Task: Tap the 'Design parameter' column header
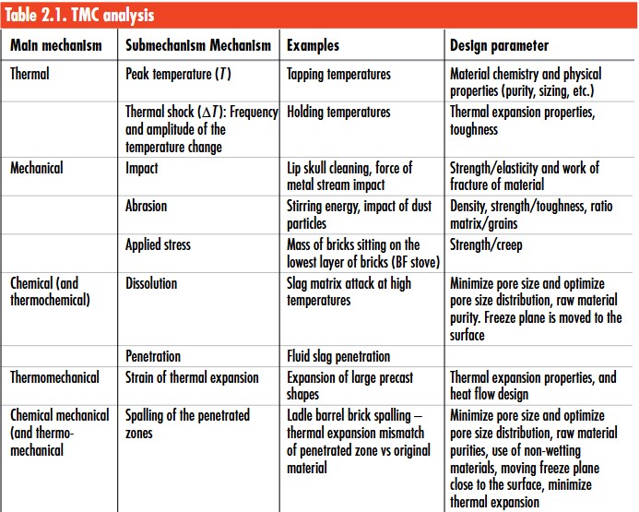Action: coord(499,45)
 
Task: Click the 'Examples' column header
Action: coord(313,45)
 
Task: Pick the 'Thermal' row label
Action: coord(30,75)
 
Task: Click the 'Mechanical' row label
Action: coord(37,168)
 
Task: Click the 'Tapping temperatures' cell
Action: coord(338,75)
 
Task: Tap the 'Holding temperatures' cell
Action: coord(338,113)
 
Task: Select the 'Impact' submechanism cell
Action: coord(142,168)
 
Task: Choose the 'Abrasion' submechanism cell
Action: coord(147,206)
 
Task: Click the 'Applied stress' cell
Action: coord(158,244)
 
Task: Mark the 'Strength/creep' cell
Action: coord(491,244)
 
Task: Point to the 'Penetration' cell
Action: coord(153,355)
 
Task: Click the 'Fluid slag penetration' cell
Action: coord(338,355)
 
